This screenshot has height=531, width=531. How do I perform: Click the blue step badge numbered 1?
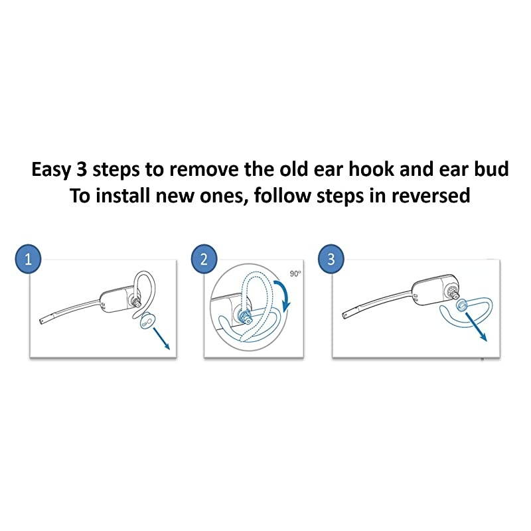(x=28, y=260)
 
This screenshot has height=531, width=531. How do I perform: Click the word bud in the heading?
(x=492, y=170)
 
